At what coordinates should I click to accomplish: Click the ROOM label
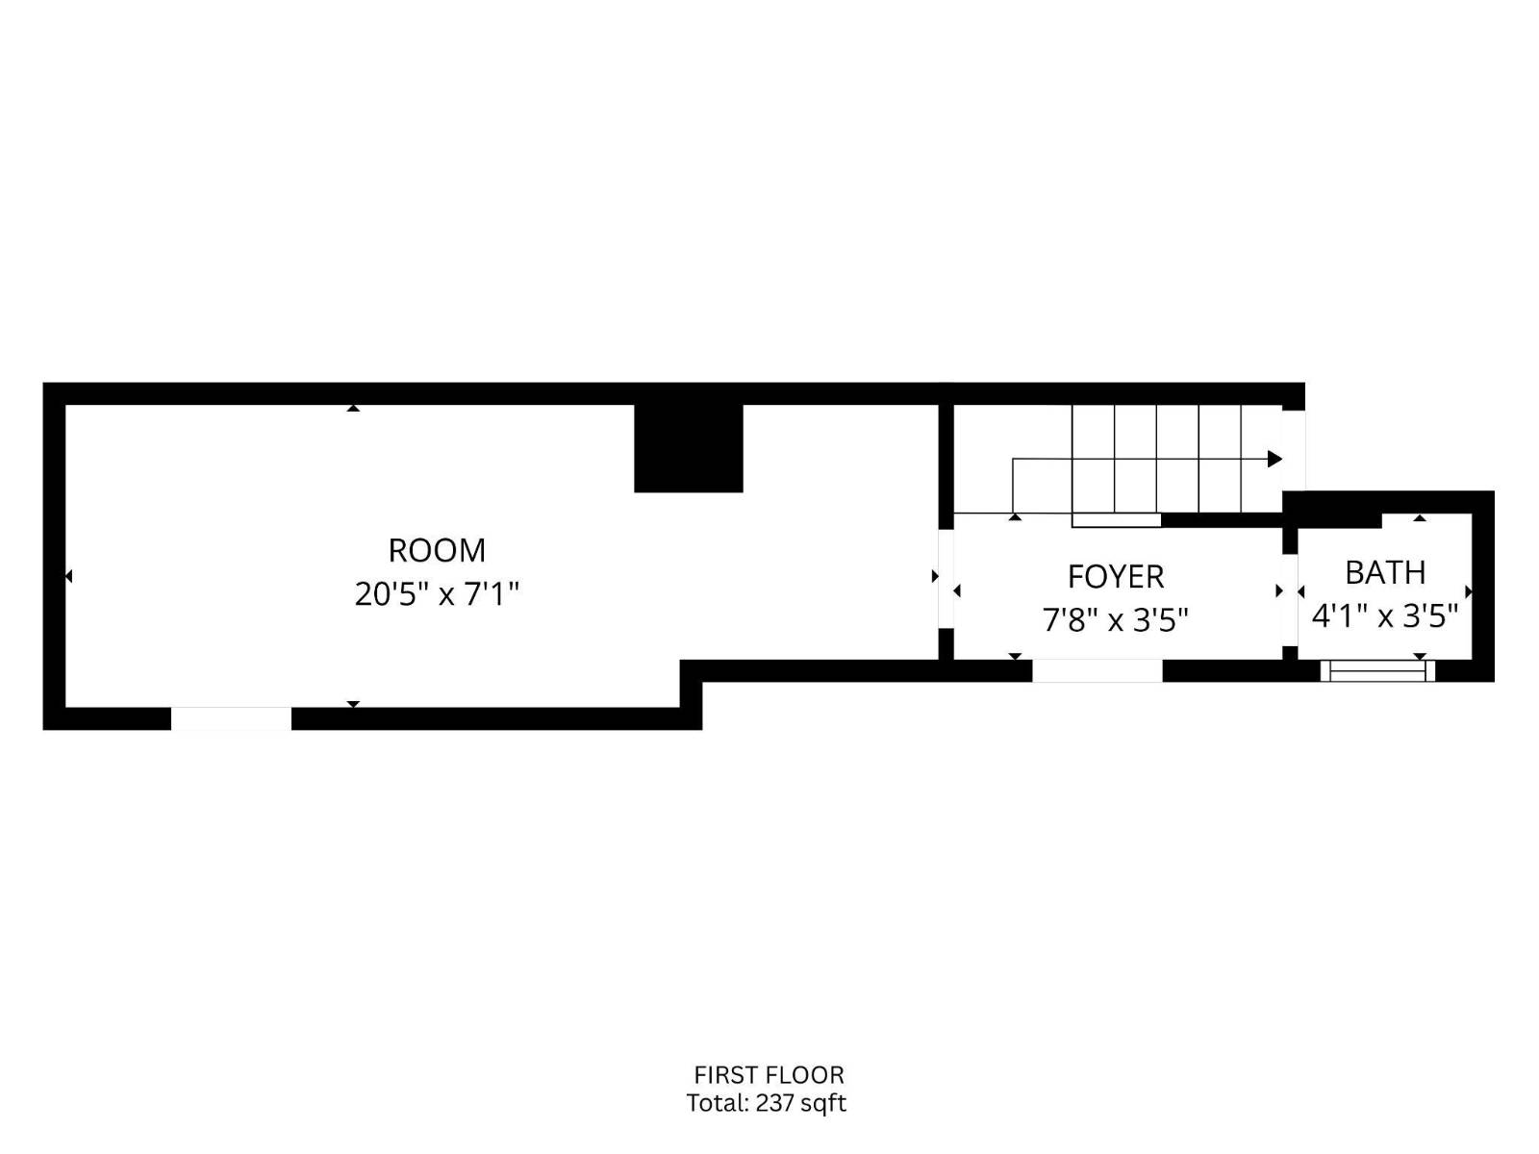point(437,550)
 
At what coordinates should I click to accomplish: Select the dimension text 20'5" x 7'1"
point(437,594)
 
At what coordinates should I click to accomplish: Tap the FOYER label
point(1116,576)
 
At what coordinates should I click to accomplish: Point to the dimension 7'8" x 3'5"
point(1116,619)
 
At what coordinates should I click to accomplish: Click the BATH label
point(1385,572)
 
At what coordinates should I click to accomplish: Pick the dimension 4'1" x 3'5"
point(1385,615)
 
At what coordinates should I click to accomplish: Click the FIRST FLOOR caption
point(769,1075)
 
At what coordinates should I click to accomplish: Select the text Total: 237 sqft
point(767,1103)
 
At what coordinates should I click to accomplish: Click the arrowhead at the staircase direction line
point(1275,459)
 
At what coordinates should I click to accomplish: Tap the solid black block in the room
point(689,448)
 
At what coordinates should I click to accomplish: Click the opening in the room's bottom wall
point(231,718)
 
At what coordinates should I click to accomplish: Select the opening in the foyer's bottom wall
point(1097,670)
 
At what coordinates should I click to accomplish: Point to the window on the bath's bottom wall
point(1377,670)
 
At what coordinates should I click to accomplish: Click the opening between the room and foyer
point(946,577)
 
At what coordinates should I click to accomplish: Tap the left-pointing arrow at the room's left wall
point(68,576)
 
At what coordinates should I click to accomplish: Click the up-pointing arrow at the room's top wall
point(353,409)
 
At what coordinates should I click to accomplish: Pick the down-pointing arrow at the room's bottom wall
point(353,704)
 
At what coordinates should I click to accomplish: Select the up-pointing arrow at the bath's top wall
point(1420,518)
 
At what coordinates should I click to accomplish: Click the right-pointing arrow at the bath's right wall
point(1468,591)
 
